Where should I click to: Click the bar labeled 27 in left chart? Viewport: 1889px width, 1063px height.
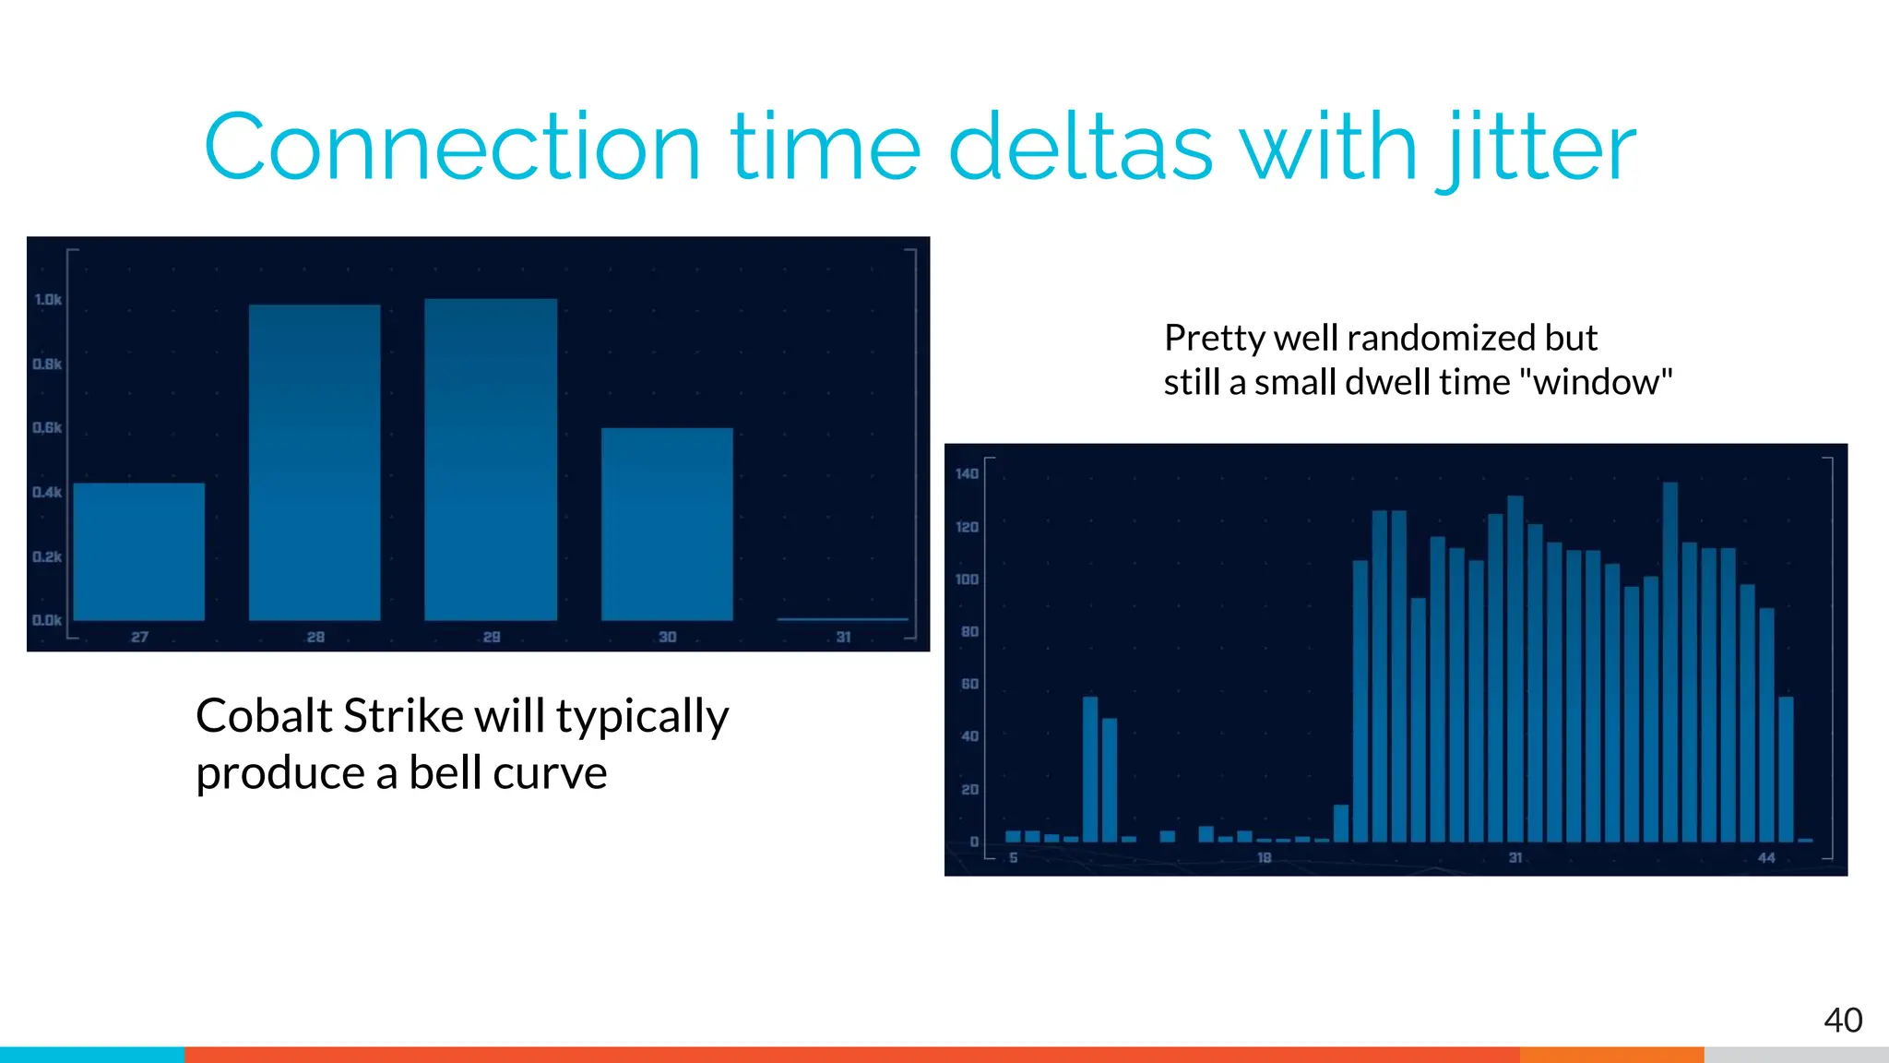(x=139, y=552)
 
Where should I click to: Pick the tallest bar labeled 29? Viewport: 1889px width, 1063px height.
(x=491, y=459)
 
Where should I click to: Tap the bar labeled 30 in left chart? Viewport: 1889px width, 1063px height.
(x=667, y=523)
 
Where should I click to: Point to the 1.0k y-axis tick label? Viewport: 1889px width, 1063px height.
(x=48, y=300)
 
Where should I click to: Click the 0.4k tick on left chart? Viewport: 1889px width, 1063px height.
(x=48, y=492)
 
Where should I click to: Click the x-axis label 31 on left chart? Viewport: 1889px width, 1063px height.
(x=843, y=638)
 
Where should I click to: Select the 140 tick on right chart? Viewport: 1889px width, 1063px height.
(x=967, y=474)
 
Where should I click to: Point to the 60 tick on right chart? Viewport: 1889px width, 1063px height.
(x=969, y=684)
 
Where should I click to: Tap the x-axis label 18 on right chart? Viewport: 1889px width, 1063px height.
(x=1264, y=858)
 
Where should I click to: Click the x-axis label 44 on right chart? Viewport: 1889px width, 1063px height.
(x=1765, y=858)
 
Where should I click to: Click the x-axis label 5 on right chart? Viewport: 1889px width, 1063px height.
(x=1013, y=858)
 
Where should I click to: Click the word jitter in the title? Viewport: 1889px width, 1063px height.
(x=1536, y=148)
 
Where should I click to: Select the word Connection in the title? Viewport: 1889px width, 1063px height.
(x=452, y=148)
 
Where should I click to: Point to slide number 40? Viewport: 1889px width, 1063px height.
(x=1842, y=1021)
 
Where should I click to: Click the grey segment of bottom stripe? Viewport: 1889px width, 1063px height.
(x=1796, y=1055)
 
